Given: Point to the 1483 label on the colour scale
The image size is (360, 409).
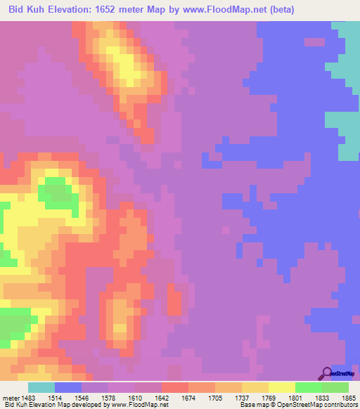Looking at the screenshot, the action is coord(27,398).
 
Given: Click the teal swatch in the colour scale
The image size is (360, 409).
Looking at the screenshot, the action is coord(41,387).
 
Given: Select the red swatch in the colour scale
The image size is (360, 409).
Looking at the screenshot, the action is coord(175,387).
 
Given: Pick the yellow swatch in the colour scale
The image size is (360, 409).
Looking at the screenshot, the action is coord(282,387).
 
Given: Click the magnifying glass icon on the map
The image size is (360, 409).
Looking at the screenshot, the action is coord(325,374).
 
